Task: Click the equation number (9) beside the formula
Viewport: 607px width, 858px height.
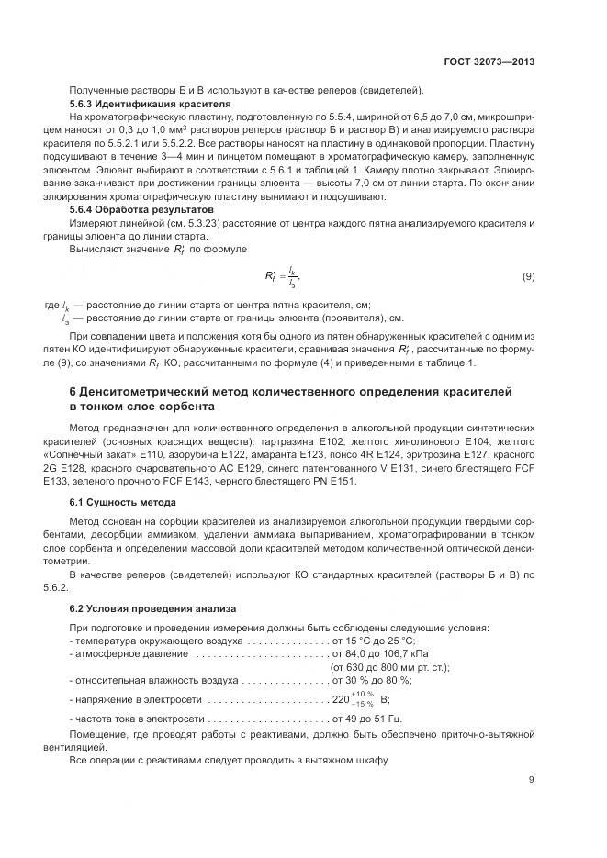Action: coord(528,276)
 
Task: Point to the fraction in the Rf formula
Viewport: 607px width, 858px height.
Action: coord(293,276)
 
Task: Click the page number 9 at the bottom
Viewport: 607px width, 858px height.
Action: coord(531,781)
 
